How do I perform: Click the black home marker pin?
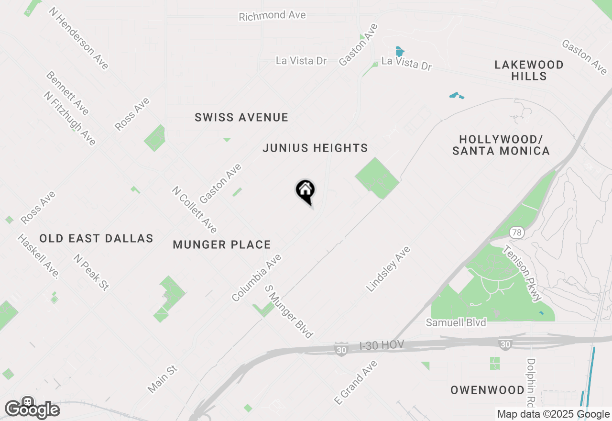tap(305, 191)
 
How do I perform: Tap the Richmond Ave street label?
tap(272, 16)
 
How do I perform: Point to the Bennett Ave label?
tap(67, 93)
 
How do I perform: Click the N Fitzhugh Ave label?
tap(70, 118)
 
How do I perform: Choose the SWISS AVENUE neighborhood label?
tap(241, 118)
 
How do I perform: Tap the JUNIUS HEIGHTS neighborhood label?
tap(316, 148)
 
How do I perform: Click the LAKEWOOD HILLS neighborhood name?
tap(529, 70)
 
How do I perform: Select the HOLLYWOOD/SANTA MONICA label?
tap(501, 145)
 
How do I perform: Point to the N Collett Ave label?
tap(195, 210)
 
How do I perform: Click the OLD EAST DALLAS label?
tap(96, 239)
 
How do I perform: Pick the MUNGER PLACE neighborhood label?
tap(222, 245)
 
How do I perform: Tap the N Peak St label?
tap(91, 272)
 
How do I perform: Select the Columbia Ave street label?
tap(257, 278)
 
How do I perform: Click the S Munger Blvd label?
tap(289, 311)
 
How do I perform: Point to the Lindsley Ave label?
tap(388, 269)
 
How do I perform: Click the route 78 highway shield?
tap(517, 233)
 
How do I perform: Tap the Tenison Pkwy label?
tap(523, 274)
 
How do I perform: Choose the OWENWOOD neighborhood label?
tap(487, 390)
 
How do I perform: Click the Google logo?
tap(32, 409)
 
